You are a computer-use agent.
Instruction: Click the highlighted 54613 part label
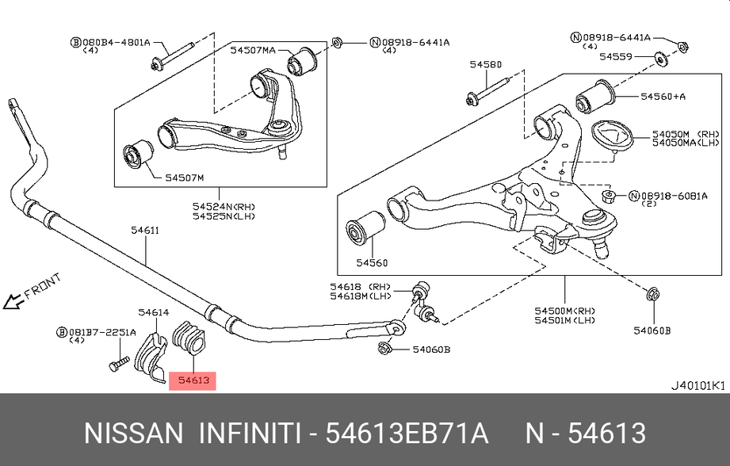[193, 380]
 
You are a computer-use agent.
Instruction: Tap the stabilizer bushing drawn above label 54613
[189, 338]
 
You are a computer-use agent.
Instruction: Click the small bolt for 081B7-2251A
[119, 364]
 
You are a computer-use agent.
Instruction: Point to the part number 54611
[145, 230]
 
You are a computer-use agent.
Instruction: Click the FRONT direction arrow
[13, 301]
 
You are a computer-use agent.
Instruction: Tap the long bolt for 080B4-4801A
[172, 56]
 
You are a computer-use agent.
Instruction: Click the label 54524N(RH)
[224, 206]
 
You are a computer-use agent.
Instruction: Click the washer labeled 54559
[659, 59]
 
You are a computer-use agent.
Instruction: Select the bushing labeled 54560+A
[595, 97]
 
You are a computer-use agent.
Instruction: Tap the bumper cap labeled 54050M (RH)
[611, 136]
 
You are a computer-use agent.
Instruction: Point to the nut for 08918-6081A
[609, 196]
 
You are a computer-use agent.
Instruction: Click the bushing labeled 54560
[365, 227]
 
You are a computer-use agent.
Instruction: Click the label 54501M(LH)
[564, 320]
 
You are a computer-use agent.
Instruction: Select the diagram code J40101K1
[698, 386]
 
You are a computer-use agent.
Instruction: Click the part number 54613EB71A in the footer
[407, 434]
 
